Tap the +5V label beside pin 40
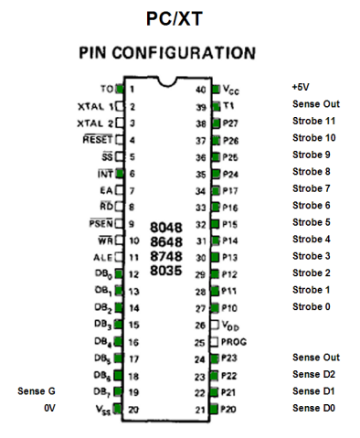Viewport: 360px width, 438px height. coord(302,87)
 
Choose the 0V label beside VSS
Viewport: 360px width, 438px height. coord(50,409)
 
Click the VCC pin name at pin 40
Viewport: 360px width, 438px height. coord(233,90)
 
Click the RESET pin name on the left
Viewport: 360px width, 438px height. coord(97,140)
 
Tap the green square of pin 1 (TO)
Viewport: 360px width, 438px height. coord(120,89)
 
